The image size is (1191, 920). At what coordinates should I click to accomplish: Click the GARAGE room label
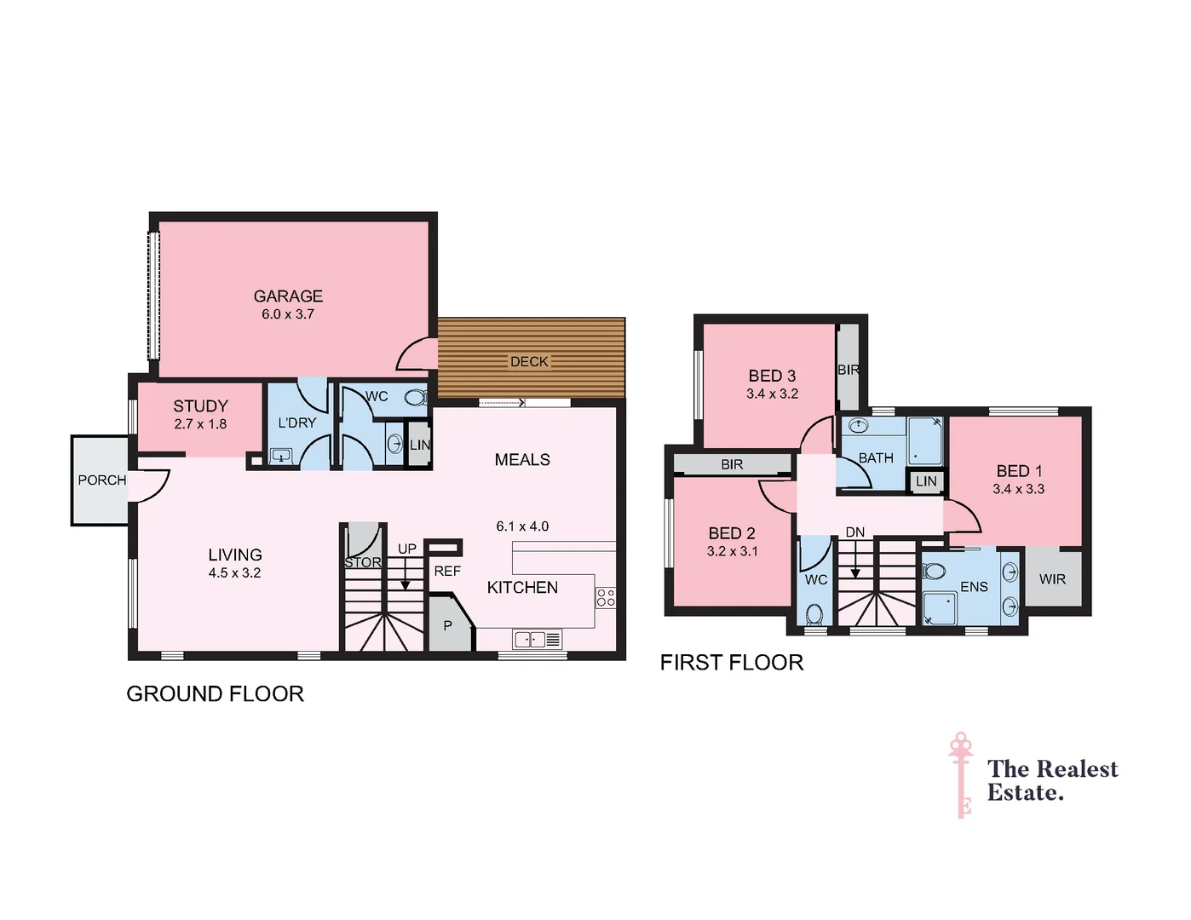pyautogui.click(x=288, y=296)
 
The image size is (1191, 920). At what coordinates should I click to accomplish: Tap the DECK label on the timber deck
pyautogui.click(x=529, y=362)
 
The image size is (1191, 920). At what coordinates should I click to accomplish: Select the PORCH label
pyautogui.click(x=101, y=480)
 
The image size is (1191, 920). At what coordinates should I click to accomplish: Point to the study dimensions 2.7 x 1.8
pyautogui.click(x=200, y=424)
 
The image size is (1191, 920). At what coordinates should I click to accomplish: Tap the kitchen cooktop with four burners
pyautogui.click(x=606, y=597)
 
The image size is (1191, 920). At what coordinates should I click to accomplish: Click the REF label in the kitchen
pyautogui.click(x=447, y=572)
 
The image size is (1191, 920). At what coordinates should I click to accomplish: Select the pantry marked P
pyautogui.click(x=447, y=626)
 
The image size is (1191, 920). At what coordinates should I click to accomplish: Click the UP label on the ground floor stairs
pyautogui.click(x=407, y=549)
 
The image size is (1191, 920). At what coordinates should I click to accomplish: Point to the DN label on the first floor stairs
pyautogui.click(x=855, y=532)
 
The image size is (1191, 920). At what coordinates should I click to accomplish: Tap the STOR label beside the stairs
pyautogui.click(x=363, y=563)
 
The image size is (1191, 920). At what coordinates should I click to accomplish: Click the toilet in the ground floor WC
pyautogui.click(x=415, y=398)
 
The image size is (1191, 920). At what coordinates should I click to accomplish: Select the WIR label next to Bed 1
pyautogui.click(x=1052, y=579)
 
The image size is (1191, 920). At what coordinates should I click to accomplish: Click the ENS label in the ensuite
pyautogui.click(x=974, y=587)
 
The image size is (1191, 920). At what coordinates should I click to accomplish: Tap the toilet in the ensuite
pyautogui.click(x=935, y=571)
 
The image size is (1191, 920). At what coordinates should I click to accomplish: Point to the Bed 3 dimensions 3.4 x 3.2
pyautogui.click(x=772, y=394)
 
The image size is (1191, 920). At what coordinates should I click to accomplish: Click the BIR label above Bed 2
pyautogui.click(x=732, y=465)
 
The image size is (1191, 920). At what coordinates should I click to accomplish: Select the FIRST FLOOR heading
pyautogui.click(x=731, y=663)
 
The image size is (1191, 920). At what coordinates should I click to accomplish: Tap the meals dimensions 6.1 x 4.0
pyautogui.click(x=522, y=526)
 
